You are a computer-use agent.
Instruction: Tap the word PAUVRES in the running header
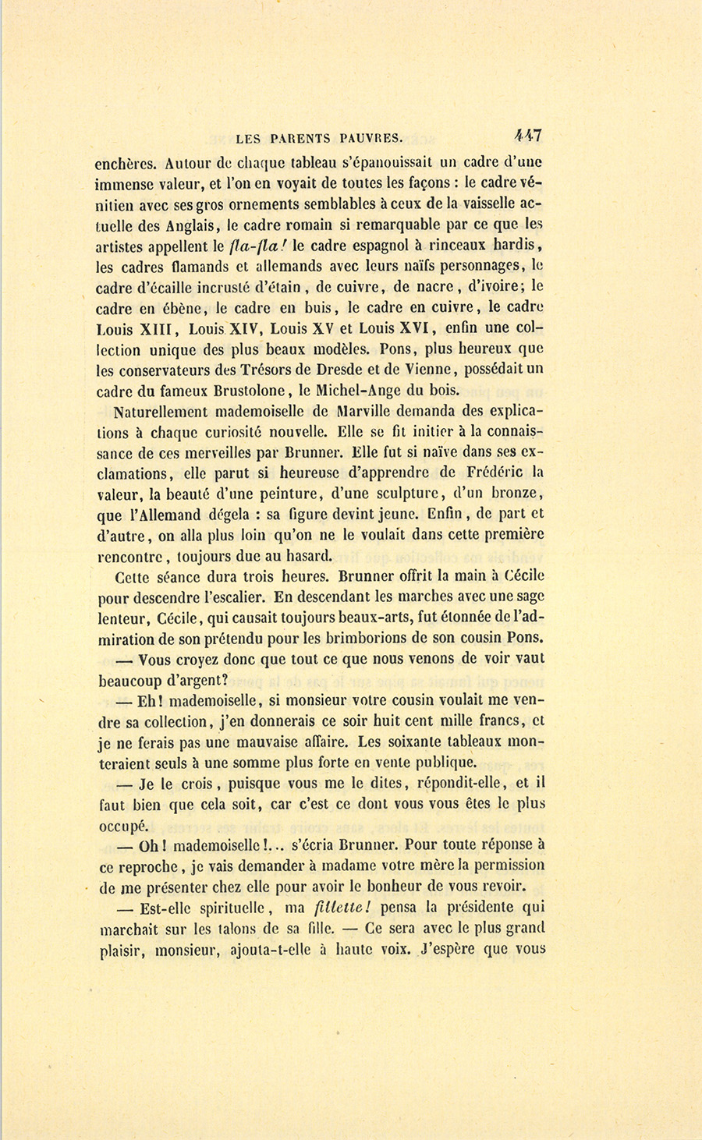(x=371, y=139)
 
